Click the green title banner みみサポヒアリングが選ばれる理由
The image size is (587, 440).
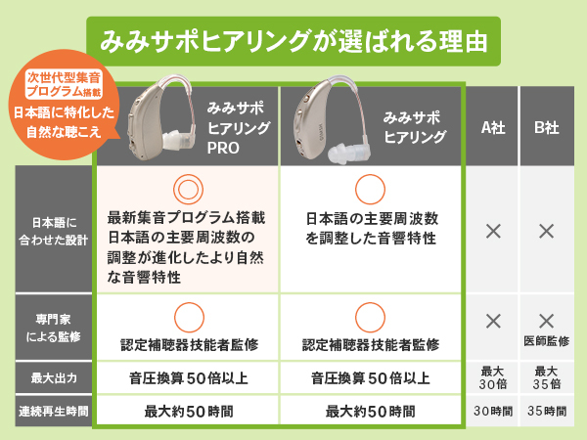click(x=293, y=43)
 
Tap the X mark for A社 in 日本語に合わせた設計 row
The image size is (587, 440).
click(x=493, y=232)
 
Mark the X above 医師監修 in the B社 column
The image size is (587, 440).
click(x=546, y=320)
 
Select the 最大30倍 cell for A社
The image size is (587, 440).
click(x=493, y=375)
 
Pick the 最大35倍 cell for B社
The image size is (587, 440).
click(x=546, y=375)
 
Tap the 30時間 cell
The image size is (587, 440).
click(x=493, y=412)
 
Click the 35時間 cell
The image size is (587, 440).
click(x=546, y=412)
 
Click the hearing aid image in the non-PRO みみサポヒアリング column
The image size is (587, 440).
click(x=329, y=123)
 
